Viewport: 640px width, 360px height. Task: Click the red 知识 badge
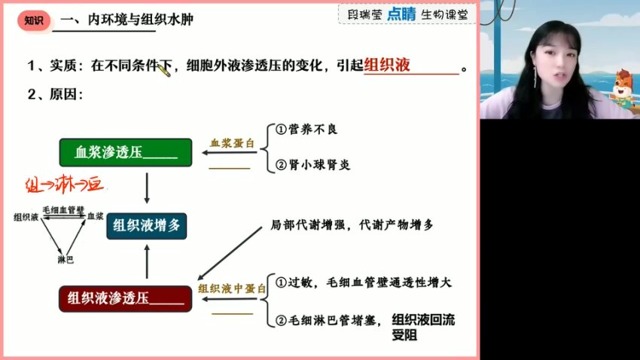coord(33,20)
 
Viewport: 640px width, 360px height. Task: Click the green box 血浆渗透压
coord(126,154)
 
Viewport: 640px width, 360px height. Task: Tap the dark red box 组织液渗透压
coord(125,298)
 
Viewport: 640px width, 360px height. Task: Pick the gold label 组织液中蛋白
coord(232,288)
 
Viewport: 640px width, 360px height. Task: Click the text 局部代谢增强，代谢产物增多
coord(352,225)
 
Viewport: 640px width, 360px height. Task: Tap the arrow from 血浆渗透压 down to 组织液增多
coord(148,188)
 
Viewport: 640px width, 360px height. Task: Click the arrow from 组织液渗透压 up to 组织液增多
coord(148,264)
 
